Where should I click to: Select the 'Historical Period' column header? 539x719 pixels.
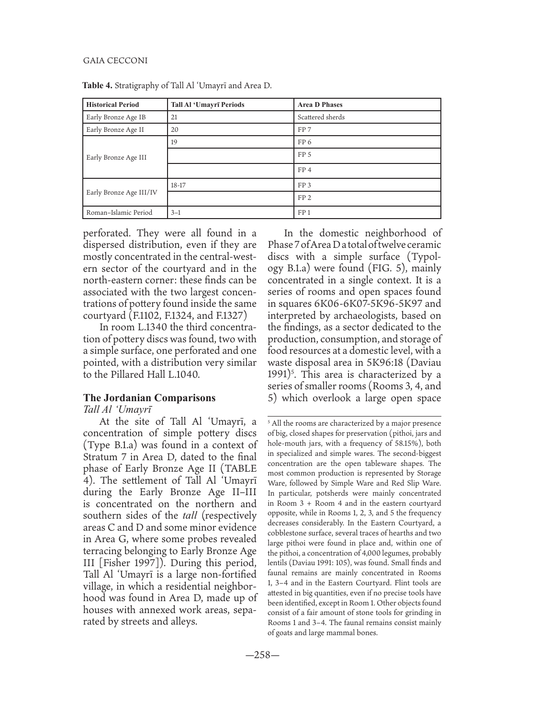click(112, 105)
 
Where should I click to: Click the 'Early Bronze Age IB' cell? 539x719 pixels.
click(115, 117)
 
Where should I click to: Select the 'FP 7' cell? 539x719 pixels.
click(304, 130)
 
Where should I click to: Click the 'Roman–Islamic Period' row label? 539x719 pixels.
click(119, 212)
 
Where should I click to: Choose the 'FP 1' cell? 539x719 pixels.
click(304, 212)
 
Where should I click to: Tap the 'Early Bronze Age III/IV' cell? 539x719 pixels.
click(122, 193)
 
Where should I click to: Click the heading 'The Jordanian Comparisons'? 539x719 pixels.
click(149, 397)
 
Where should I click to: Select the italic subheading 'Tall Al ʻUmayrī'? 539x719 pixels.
click(117, 409)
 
